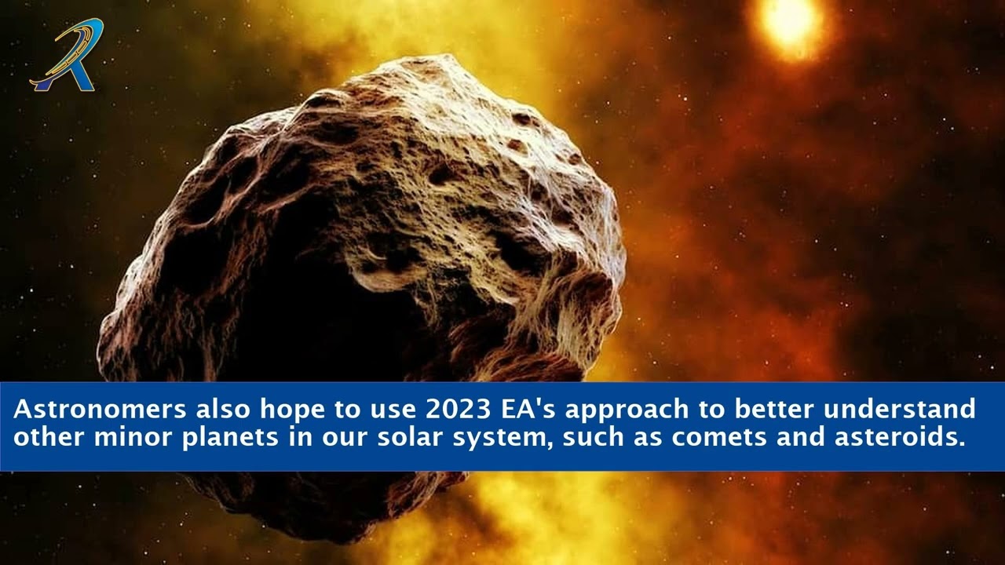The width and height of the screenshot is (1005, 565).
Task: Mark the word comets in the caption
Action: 720,437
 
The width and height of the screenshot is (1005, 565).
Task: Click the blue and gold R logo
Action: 66,56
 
